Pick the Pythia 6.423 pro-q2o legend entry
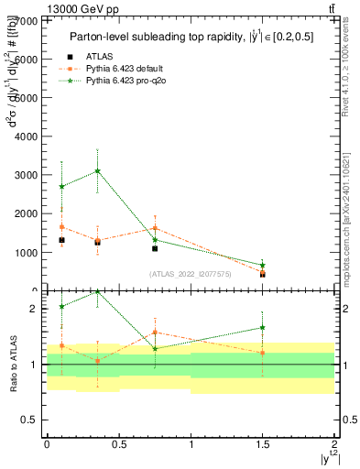120,82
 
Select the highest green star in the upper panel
97,170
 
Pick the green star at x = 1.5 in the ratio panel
263,327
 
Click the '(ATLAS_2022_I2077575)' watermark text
191,273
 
